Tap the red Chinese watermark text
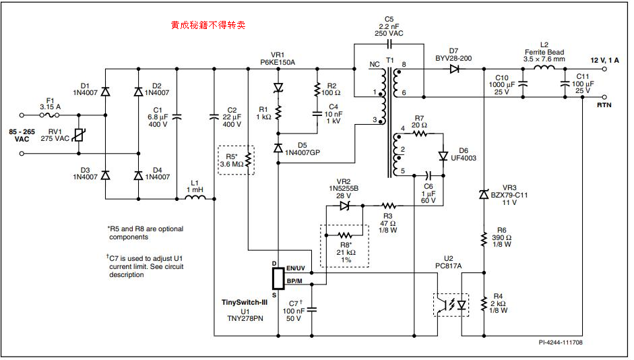coord(208,25)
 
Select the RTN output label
coord(604,105)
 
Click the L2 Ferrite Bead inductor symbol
coord(543,68)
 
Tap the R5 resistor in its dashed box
coord(247,160)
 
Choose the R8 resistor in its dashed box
coord(346,235)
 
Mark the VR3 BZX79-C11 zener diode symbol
coord(484,194)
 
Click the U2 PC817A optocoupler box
coord(450,305)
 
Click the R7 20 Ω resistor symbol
coord(420,133)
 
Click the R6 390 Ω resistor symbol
coord(484,239)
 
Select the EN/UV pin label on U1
coord(296,268)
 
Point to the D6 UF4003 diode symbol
coord(443,156)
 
